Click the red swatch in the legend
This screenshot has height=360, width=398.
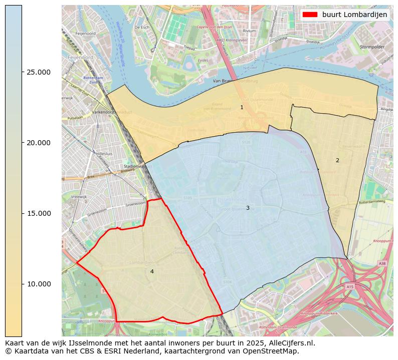pyautogui.click(x=310, y=15)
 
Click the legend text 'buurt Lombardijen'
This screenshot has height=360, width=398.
pyautogui.click(x=354, y=15)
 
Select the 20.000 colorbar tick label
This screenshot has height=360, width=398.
pyautogui.click(x=38, y=143)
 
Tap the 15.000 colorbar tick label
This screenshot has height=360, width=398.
pyautogui.click(x=38, y=213)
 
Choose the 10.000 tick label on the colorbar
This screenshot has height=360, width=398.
pyautogui.click(x=38, y=284)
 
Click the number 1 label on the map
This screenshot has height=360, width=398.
pyautogui.click(x=242, y=107)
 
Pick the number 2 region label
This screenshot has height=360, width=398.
pyautogui.click(x=337, y=160)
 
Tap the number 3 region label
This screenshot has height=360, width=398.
pyautogui.click(x=248, y=208)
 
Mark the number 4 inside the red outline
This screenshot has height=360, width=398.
pyautogui.click(x=152, y=271)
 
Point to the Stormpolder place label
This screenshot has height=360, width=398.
pyautogui.click(x=371, y=47)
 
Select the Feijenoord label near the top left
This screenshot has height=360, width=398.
pyautogui.click(x=85, y=34)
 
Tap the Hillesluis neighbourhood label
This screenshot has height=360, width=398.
pyautogui.click(x=105, y=154)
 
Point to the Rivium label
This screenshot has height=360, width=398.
pyautogui.click(x=249, y=31)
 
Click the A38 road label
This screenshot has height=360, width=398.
pyautogui.click(x=382, y=263)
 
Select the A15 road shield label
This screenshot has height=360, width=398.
pyautogui.click(x=349, y=286)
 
